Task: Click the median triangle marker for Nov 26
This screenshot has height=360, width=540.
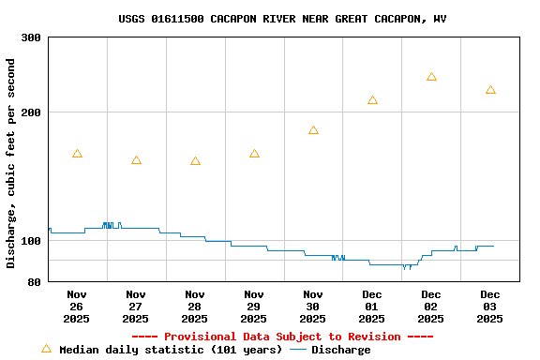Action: click(x=77, y=154)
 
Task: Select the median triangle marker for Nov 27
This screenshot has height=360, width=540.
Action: click(x=136, y=160)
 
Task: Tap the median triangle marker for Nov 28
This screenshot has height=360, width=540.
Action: click(x=195, y=161)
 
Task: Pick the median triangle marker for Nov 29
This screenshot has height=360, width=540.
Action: click(x=254, y=154)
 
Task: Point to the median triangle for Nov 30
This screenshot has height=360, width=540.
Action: click(x=313, y=130)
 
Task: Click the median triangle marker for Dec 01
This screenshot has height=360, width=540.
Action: click(x=372, y=100)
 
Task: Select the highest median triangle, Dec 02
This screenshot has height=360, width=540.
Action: click(x=431, y=77)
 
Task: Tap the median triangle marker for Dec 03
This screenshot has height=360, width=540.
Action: click(x=490, y=90)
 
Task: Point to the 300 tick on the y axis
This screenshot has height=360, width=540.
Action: click(x=31, y=37)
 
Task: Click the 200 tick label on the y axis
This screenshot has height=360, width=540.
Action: click(x=31, y=112)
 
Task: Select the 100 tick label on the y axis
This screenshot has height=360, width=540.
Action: click(x=31, y=241)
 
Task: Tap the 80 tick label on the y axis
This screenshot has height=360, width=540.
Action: click(x=34, y=281)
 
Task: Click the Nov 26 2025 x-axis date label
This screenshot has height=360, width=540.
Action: click(x=77, y=306)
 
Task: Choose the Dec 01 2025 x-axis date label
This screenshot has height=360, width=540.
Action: click(x=372, y=306)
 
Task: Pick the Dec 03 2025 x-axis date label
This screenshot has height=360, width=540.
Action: click(x=490, y=306)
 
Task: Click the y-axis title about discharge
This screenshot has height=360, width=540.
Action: click(x=11, y=163)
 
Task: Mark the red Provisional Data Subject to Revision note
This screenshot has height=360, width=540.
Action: click(x=282, y=337)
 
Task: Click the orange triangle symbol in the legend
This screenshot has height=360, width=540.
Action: click(x=46, y=349)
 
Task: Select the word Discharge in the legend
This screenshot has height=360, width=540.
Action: click(x=340, y=350)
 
